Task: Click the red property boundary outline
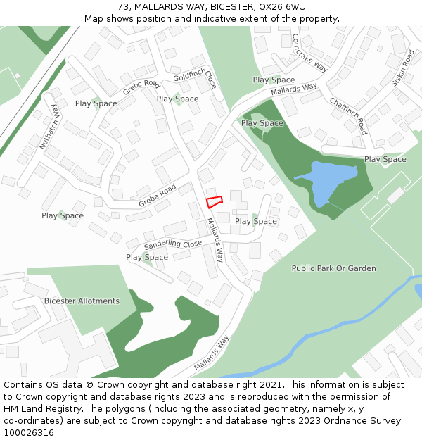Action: (214, 202)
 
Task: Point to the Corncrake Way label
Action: (309, 53)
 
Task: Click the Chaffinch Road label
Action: (348, 116)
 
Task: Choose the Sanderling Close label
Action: (173, 244)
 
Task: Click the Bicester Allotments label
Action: (82, 301)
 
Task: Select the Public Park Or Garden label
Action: (333, 268)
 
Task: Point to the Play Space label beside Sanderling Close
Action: (147, 257)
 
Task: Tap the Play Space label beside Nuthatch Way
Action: (63, 215)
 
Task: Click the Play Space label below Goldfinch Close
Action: (177, 99)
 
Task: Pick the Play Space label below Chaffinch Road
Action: (385, 159)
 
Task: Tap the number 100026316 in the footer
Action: (29, 432)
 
